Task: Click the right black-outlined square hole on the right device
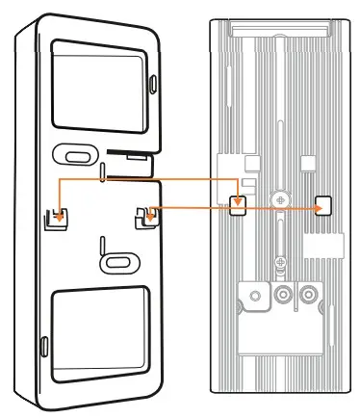323,205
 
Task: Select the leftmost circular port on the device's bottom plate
255,295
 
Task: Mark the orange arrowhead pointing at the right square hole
317,206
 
